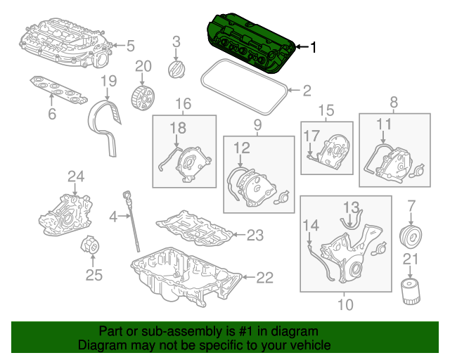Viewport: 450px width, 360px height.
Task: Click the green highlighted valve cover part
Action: pos(250,42)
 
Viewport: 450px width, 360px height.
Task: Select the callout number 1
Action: pos(313,48)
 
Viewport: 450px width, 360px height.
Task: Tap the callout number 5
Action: pos(130,46)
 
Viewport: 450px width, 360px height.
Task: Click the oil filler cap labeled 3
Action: pos(175,70)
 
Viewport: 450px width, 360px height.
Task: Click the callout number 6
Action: pos(51,114)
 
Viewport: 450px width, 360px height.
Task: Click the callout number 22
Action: pos(264,278)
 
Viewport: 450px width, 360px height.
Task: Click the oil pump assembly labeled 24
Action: pos(65,214)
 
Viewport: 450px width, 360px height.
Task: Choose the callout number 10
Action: pos(345,304)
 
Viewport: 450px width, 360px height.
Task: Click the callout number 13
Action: pos(351,207)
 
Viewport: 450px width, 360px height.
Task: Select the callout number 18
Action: pos(177,127)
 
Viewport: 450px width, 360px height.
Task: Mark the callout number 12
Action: pos(241,148)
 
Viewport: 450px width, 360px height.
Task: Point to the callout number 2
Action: pos(306,90)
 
